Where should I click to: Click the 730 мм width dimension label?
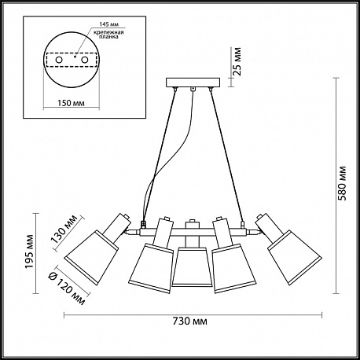tap(190, 321)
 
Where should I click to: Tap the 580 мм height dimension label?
tap(342, 183)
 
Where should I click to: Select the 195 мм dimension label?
tap(29, 252)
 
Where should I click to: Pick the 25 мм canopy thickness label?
tap(237, 61)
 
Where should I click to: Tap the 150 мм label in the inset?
tap(71, 103)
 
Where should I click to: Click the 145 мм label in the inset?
tap(109, 24)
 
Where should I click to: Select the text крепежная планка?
tap(109, 35)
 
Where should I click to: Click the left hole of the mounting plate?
tap(59, 61)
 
